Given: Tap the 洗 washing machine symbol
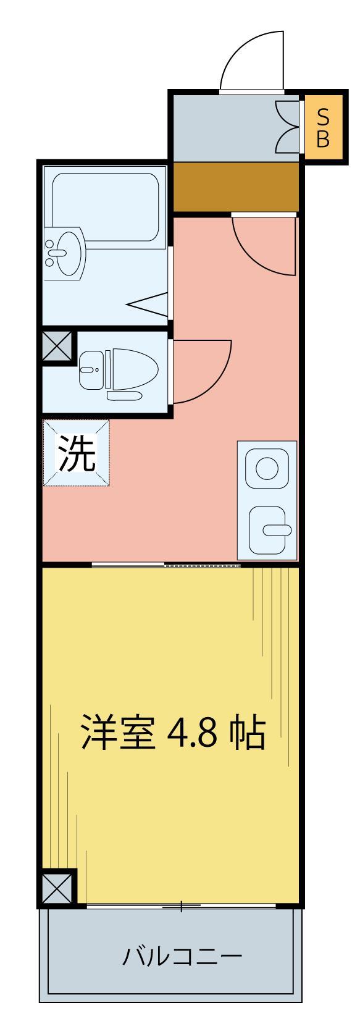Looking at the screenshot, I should [x=76, y=454].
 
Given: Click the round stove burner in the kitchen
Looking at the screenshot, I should [x=267, y=468].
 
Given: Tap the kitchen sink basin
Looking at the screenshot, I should [x=269, y=528].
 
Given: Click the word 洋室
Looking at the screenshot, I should [x=117, y=733].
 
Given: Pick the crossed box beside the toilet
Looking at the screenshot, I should [x=57, y=347].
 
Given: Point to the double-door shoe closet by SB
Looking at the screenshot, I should [x=287, y=127].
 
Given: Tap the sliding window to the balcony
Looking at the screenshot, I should [x=181, y=906].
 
